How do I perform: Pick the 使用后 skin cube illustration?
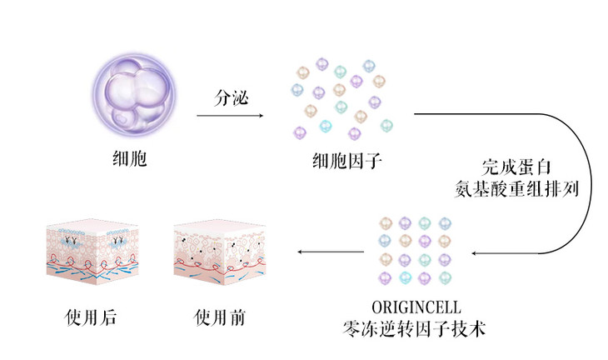click(x=89, y=252)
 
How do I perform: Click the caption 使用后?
click(x=90, y=318)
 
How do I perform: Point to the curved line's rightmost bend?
click(x=592, y=183)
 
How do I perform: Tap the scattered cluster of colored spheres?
click(x=341, y=100)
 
